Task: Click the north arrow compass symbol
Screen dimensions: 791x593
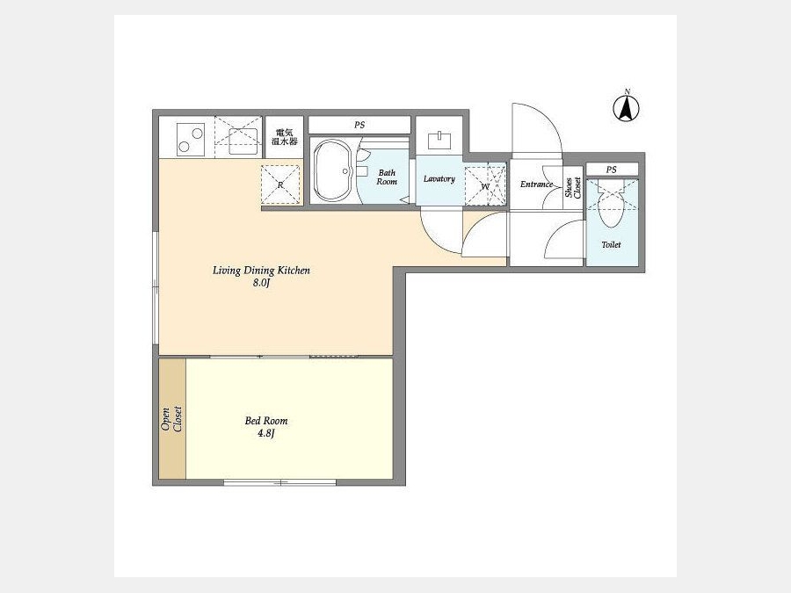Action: (x=626, y=107)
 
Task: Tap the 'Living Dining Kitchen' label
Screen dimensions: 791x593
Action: (x=261, y=271)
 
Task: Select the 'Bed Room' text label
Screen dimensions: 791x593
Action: (x=265, y=421)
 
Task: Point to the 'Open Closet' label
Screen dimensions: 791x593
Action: (x=171, y=419)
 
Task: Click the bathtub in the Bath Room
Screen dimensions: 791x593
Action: (x=332, y=170)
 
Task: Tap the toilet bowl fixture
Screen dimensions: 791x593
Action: (x=611, y=206)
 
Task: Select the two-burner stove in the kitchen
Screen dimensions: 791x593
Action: (x=191, y=139)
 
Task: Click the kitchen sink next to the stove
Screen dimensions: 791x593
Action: (x=243, y=141)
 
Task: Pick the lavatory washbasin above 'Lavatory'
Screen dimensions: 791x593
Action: (x=439, y=140)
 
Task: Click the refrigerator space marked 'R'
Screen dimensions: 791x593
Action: (x=280, y=184)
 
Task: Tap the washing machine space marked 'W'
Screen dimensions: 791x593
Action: (x=485, y=185)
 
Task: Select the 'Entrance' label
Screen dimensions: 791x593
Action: (x=536, y=184)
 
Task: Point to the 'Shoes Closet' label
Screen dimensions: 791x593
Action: (x=573, y=187)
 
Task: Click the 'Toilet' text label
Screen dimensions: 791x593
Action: (x=611, y=244)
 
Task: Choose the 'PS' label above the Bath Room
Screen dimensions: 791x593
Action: (x=359, y=125)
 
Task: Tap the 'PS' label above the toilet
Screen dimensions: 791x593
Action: (x=611, y=170)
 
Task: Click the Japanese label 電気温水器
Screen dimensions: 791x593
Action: (x=285, y=137)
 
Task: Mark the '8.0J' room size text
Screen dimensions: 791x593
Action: (x=261, y=283)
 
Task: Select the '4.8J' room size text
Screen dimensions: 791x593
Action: (x=265, y=433)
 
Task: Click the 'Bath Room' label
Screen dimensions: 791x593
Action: (x=387, y=177)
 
